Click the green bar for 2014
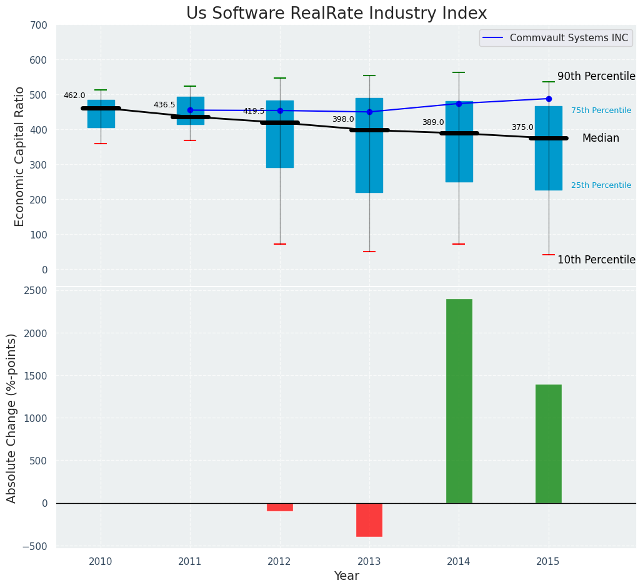459,401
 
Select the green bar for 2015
548,443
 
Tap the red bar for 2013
369,519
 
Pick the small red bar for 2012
279,507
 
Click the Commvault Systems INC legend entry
568,38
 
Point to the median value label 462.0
74,96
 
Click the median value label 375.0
522,127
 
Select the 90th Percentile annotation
596,76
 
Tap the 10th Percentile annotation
596,260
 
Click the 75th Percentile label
601,110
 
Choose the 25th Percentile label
601,185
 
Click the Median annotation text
601,139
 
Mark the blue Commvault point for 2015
549,99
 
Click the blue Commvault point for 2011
190,110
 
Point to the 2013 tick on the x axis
369,562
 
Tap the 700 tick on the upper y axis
38,26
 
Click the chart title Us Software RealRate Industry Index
336,14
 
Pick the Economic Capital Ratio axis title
19,156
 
